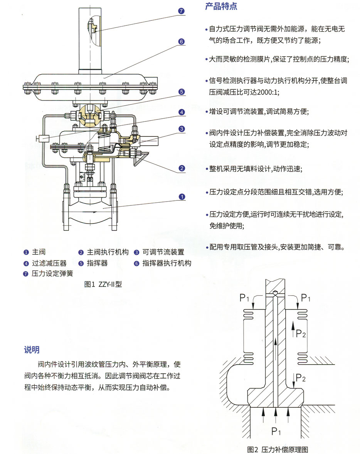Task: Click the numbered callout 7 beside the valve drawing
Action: [x=182, y=11]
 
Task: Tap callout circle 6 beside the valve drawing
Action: [x=182, y=42]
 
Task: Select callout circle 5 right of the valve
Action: [x=182, y=92]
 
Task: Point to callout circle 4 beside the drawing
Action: [x=182, y=112]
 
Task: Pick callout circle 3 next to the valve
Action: [x=182, y=129]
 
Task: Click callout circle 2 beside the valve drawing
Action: [x=182, y=168]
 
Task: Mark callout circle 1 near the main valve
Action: [x=182, y=197]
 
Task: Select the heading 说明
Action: [x=32, y=350]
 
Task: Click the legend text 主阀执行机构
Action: [x=108, y=252]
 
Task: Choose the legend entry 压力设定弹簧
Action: [x=52, y=274]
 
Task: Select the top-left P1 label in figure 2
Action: [x=244, y=297]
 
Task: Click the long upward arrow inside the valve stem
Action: [x=275, y=351]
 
